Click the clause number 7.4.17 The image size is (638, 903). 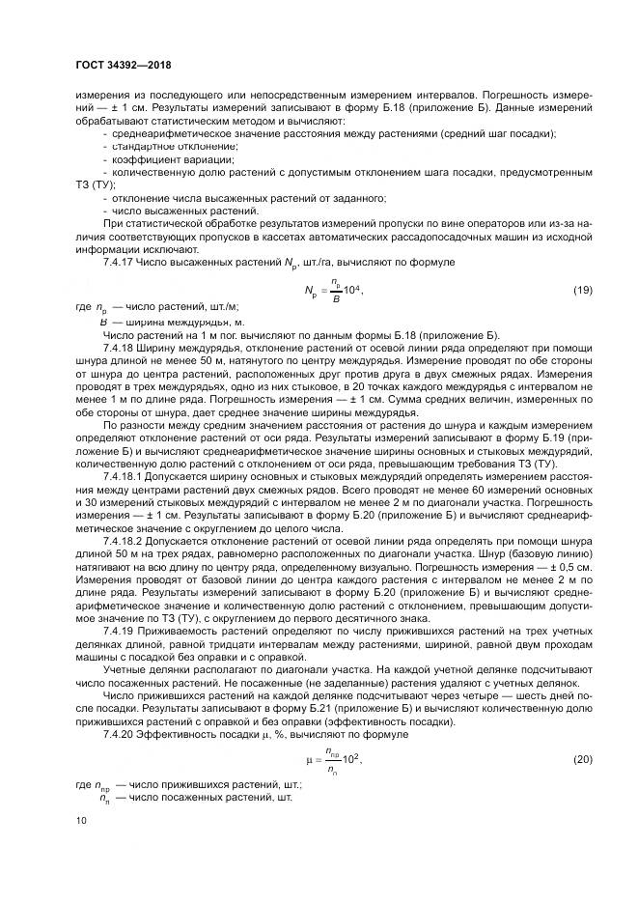pyautogui.click(x=119, y=262)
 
